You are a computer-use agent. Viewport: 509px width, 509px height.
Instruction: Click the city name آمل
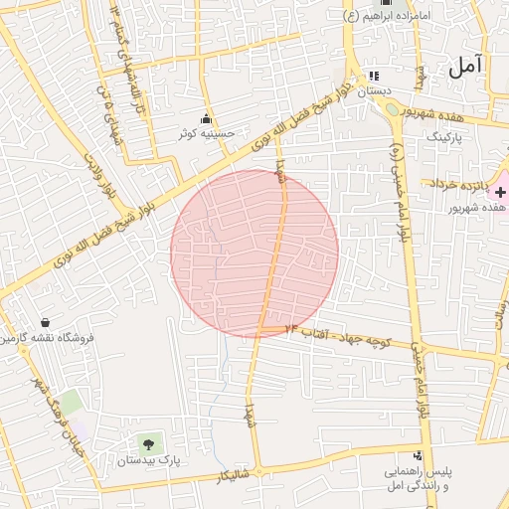(x=463, y=67)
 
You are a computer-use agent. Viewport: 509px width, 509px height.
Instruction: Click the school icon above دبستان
(x=373, y=76)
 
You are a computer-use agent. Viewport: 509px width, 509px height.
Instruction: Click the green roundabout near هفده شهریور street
(x=393, y=109)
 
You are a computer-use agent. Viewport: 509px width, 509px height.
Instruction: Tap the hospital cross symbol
(x=500, y=189)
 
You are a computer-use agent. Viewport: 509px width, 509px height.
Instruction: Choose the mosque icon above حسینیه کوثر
(x=207, y=119)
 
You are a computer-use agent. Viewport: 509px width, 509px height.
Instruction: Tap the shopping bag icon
(x=46, y=322)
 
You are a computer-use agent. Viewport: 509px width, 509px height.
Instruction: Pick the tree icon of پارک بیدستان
(x=148, y=443)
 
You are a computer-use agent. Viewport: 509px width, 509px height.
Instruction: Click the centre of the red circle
(x=254, y=254)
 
